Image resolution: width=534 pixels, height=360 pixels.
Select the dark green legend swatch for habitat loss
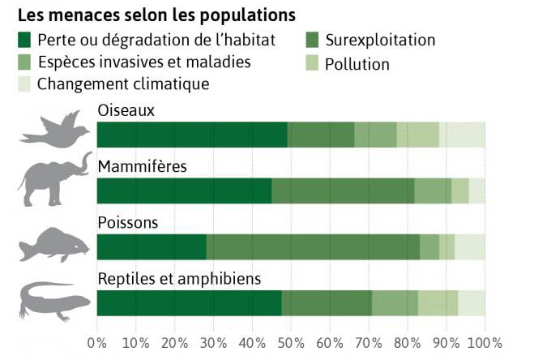(25, 40)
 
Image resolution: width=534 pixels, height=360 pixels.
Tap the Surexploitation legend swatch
(313, 40)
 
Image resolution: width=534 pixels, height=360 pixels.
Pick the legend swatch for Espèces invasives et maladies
(25, 62)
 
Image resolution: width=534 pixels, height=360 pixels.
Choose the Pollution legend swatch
(313, 64)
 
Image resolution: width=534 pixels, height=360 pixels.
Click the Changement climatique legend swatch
(25, 84)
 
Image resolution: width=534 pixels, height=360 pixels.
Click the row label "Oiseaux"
(126, 110)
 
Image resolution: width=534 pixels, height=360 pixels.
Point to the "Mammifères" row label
(143, 167)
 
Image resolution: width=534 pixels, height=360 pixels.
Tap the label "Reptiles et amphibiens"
(179, 279)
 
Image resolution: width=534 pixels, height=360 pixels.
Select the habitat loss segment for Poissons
(152, 246)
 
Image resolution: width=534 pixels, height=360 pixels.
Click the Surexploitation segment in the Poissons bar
(313, 246)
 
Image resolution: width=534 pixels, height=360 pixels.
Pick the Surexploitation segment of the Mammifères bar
(343, 191)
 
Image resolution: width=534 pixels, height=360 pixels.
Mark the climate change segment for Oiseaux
(462, 135)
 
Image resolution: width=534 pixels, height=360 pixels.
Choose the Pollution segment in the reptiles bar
(438, 302)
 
